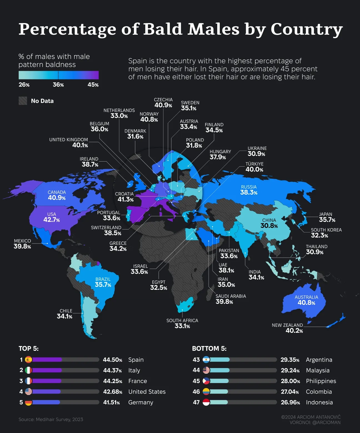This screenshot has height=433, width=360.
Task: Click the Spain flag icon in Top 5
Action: point(29,360)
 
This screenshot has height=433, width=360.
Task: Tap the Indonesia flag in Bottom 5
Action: point(206,402)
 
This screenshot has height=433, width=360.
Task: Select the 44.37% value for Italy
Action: point(112,370)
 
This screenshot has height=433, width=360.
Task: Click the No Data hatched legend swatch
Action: point(23,101)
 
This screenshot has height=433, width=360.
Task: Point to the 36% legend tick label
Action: point(58,85)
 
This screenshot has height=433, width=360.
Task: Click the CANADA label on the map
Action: point(57,192)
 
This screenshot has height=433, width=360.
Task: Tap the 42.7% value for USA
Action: point(52,220)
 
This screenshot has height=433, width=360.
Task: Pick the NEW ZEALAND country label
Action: point(287,325)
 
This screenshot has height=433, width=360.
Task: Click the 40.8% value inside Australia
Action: point(306,303)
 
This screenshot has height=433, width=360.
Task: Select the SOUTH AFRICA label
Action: point(182,320)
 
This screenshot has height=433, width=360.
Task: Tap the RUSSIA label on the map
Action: point(249,187)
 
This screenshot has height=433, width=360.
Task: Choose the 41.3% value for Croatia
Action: point(126,199)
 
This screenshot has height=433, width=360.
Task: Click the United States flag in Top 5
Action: point(29,392)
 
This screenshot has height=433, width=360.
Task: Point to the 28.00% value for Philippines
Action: point(290,381)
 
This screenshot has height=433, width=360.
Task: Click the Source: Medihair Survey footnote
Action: point(51,419)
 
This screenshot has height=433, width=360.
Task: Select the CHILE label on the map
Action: point(66,311)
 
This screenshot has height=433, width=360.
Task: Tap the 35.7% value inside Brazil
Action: point(103,285)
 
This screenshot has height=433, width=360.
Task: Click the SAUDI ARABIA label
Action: point(231,296)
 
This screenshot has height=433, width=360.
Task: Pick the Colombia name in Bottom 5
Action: point(319,392)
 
